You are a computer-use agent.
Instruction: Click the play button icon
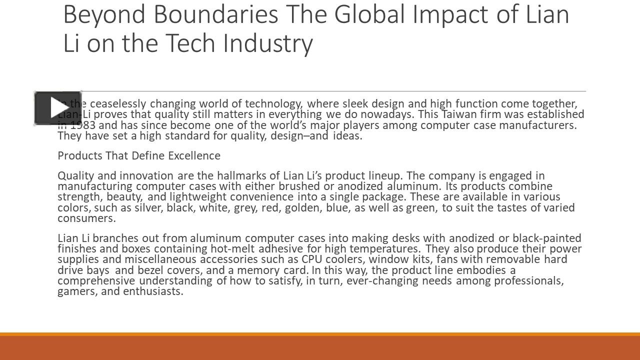[x=57, y=107]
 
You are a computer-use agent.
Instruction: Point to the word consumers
[x=86, y=218]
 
